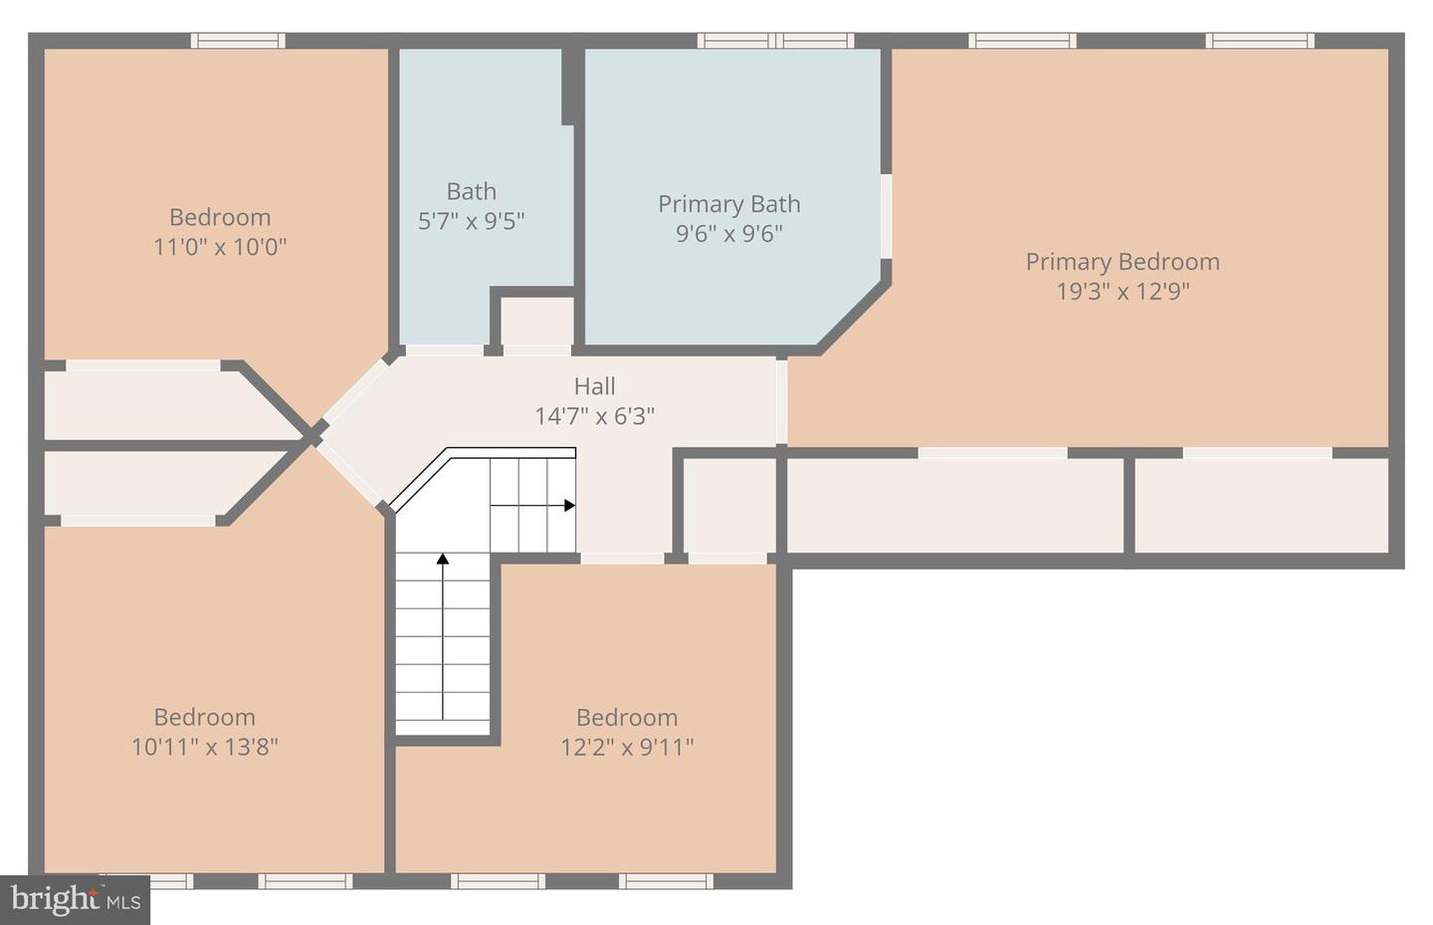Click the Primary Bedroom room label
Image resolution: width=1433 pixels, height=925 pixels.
(x=1123, y=262)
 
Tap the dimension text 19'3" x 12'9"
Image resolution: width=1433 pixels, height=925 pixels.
(x=1123, y=292)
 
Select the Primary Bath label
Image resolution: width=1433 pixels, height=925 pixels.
(x=728, y=204)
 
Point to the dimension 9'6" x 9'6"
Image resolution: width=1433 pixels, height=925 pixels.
(x=728, y=234)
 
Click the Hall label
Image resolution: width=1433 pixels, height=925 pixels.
(x=594, y=386)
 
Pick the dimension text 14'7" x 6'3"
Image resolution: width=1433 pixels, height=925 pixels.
(x=594, y=416)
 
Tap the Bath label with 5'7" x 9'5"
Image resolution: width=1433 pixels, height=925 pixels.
(x=471, y=191)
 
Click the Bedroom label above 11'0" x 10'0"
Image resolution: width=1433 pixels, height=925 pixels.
(x=219, y=217)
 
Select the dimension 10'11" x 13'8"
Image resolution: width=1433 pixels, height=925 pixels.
(x=204, y=747)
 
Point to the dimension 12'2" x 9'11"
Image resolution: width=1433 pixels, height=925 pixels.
(x=627, y=747)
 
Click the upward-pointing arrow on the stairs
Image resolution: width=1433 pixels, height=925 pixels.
(x=443, y=561)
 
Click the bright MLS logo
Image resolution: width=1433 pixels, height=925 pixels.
(x=76, y=900)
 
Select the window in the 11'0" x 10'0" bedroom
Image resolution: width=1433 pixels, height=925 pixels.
(x=238, y=41)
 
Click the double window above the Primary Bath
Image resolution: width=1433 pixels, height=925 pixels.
(x=775, y=41)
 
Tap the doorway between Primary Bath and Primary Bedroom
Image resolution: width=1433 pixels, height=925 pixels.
(x=885, y=216)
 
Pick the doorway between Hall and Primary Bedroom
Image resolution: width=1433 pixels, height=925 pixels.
(x=782, y=401)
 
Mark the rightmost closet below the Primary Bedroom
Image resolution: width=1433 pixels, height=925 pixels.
(x=1261, y=505)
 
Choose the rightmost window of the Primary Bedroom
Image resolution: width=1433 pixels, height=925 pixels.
(x=1260, y=41)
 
